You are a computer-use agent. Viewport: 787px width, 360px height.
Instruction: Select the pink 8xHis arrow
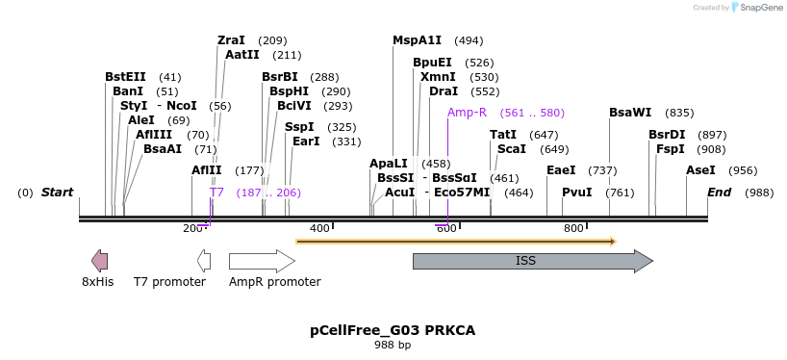[x=99, y=260]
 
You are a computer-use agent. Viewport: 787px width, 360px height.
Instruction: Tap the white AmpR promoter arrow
[x=261, y=261]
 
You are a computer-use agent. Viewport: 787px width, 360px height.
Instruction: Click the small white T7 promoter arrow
[x=204, y=260]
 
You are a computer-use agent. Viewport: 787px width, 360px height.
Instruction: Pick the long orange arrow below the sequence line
[x=455, y=242]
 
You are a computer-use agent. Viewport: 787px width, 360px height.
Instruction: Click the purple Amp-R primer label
[x=467, y=113]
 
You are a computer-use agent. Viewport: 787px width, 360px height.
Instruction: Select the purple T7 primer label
[x=216, y=193]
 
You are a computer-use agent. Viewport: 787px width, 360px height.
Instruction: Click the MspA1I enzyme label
[x=417, y=40]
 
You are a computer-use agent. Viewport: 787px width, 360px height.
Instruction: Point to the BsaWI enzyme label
[x=630, y=113]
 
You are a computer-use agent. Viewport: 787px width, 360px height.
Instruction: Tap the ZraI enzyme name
[x=231, y=40]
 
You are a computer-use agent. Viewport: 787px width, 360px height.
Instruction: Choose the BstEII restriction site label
[x=125, y=77]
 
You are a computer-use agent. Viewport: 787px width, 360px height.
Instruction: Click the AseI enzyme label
[x=700, y=170]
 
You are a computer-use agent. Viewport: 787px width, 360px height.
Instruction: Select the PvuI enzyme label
[x=576, y=193]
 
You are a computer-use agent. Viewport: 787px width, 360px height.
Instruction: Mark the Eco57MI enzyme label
[x=462, y=193]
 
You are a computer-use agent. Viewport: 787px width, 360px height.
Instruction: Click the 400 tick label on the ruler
[x=318, y=228]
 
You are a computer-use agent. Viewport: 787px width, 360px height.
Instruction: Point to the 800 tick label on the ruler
[x=573, y=228]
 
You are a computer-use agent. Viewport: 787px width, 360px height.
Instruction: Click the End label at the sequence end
[x=720, y=193]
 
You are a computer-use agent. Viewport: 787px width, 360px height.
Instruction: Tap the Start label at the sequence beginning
[x=57, y=193]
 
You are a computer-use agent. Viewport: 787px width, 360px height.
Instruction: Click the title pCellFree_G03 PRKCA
[x=393, y=330]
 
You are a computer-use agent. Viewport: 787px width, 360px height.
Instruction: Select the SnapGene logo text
[x=760, y=8]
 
